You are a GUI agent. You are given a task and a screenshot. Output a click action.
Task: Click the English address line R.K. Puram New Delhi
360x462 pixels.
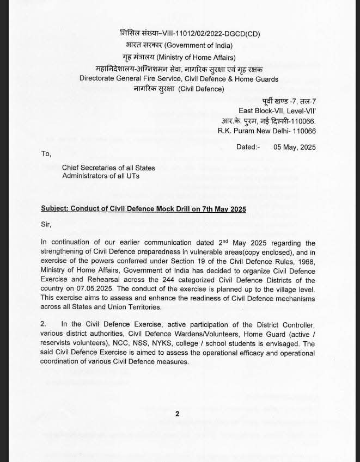(x=266, y=131)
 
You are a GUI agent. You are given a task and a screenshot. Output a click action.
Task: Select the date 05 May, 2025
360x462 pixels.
(x=295, y=147)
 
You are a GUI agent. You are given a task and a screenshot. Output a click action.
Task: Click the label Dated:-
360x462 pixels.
(x=248, y=147)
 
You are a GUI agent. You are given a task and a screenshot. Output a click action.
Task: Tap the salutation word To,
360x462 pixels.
(x=46, y=154)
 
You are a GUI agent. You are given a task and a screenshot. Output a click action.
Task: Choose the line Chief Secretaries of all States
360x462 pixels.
(x=108, y=168)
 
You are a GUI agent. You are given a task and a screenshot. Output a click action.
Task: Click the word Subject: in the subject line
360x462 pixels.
(x=57, y=210)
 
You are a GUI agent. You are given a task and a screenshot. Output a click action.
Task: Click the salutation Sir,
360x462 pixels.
(x=46, y=224)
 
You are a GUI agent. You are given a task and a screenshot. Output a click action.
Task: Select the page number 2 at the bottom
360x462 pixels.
(x=177, y=414)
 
